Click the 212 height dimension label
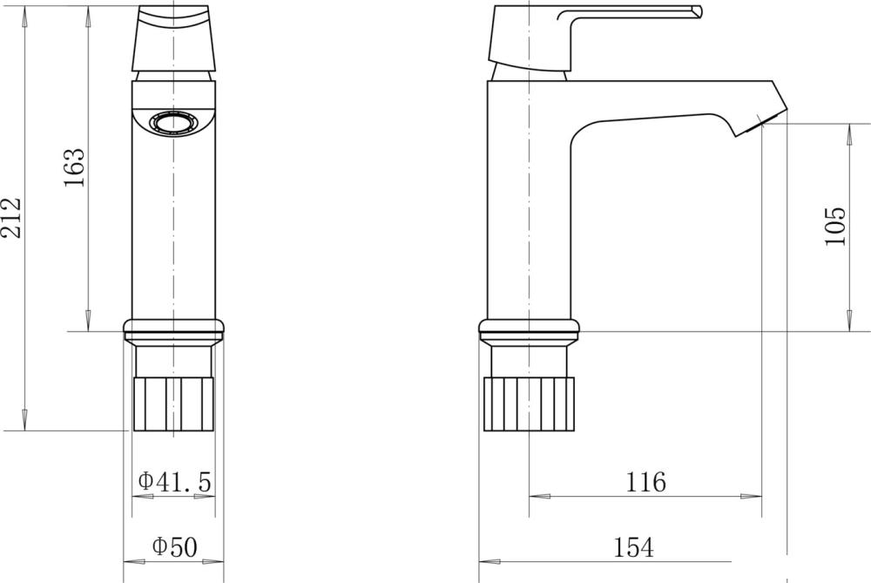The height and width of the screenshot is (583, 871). [x=11, y=218]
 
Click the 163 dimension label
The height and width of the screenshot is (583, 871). [x=74, y=167]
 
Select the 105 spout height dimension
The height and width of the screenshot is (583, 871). [x=835, y=226]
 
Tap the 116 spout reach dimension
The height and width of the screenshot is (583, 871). [x=645, y=482]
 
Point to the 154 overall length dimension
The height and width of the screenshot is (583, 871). [x=633, y=547]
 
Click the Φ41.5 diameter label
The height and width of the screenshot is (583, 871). [x=174, y=481]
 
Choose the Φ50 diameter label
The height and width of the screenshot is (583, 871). [x=174, y=546]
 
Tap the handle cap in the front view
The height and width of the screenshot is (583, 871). [x=174, y=38]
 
